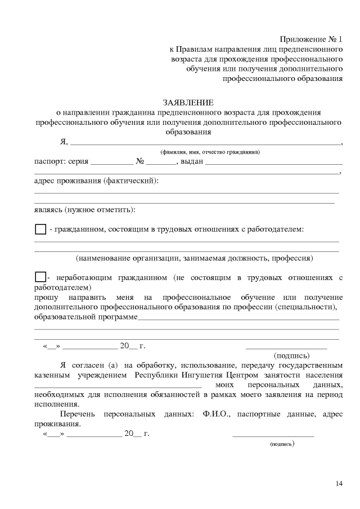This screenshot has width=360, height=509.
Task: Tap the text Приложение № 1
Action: click(311, 39)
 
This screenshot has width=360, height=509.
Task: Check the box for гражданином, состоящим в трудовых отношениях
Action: click(40, 229)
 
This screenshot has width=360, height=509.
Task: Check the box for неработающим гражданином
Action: click(40, 277)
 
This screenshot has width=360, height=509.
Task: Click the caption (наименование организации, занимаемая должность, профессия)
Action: click(195, 258)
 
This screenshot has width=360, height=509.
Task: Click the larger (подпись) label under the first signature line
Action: click(291, 355)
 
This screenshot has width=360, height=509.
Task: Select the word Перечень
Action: click(79, 415)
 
